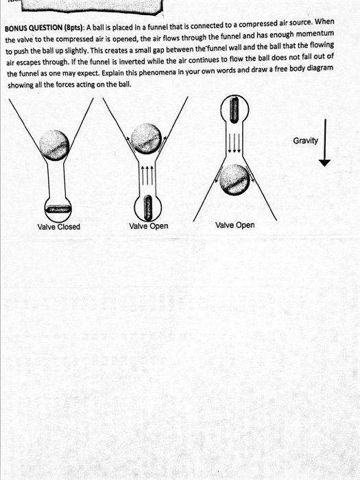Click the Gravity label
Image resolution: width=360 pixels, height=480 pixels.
[305, 141]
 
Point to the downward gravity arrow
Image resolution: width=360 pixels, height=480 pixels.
[325, 148]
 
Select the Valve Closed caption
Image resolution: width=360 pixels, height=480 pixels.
[58, 227]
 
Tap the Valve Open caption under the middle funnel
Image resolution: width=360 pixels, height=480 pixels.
[148, 226]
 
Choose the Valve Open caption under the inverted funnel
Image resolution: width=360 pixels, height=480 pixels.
[235, 225]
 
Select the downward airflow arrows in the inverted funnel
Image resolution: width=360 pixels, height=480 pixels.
[234, 141]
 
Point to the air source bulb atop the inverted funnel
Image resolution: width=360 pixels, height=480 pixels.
[234, 110]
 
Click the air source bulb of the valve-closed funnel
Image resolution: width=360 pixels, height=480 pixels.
[58, 208]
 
